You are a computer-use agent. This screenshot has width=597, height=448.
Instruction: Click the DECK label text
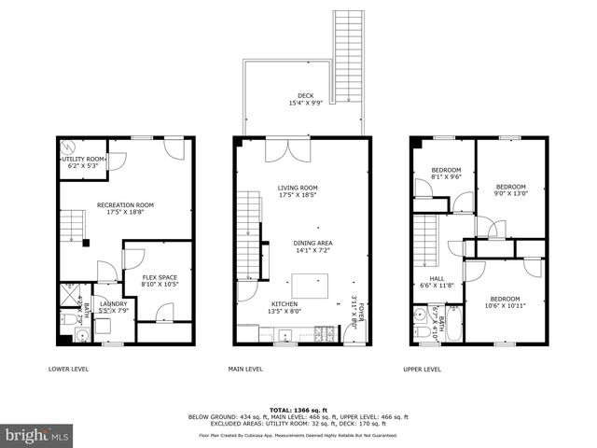click(306, 95)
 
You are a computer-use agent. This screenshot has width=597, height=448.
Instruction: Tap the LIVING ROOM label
click(298, 189)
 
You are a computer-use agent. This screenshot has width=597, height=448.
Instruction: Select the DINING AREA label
click(313, 244)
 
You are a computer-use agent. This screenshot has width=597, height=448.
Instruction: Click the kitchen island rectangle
click(310, 285)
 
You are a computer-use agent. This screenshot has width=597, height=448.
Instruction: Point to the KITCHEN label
click(285, 304)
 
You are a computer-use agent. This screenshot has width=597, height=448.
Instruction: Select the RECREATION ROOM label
click(125, 204)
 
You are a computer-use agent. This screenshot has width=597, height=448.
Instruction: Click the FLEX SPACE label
click(160, 277)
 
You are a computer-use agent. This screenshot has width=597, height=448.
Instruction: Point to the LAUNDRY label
click(113, 303)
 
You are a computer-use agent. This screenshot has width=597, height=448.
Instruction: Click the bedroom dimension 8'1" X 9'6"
click(446, 176)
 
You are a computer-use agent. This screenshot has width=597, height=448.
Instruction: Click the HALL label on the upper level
click(437, 278)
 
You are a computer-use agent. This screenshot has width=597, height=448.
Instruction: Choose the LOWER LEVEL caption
click(69, 370)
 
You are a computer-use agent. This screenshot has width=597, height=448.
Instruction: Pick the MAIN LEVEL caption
click(245, 370)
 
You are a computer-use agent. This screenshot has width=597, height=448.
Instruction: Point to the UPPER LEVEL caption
click(423, 370)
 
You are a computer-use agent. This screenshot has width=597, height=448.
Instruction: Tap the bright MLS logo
click(37, 435)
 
